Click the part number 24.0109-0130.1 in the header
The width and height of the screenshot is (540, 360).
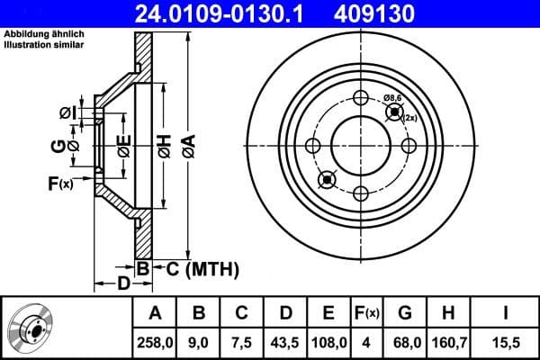coord(211,13)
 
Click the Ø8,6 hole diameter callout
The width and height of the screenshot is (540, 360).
coord(393,97)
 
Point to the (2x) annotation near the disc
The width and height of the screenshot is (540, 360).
coord(409,118)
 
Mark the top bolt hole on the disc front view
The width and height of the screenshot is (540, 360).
coord(361,99)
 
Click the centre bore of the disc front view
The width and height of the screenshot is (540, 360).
coord(361,146)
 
